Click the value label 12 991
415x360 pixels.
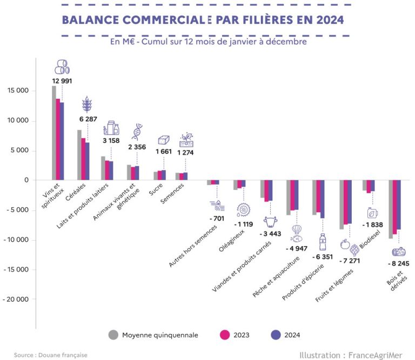(x=63, y=80)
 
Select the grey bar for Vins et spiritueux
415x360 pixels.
(x=54, y=132)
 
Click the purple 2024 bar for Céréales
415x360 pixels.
(x=87, y=161)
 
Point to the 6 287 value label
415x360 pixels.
(x=87, y=118)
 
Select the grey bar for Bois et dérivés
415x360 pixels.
(x=391, y=209)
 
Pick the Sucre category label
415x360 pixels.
(x=158, y=193)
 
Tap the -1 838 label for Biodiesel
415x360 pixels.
(x=373, y=224)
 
